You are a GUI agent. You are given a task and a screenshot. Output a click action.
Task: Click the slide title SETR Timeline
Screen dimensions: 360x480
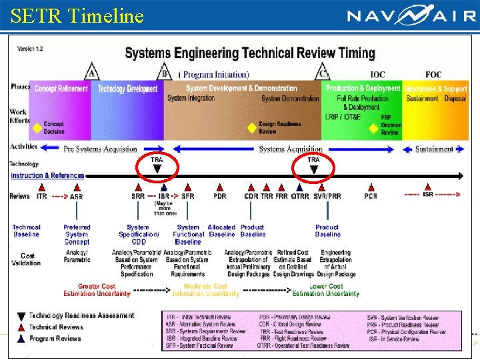[x=77, y=15]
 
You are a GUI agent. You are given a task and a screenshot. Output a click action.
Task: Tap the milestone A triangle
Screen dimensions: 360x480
[x=92, y=72]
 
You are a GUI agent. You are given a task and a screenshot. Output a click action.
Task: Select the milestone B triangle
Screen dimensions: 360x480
[x=165, y=72]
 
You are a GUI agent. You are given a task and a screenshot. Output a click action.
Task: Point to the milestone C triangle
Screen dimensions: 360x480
[x=323, y=72]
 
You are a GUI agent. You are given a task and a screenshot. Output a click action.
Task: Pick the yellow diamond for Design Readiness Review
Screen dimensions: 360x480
[x=251, y=127]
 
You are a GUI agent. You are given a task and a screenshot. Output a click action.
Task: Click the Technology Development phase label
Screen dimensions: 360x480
[x=127, y=89]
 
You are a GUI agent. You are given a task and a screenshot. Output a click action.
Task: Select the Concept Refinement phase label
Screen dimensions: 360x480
[x=61, y=89]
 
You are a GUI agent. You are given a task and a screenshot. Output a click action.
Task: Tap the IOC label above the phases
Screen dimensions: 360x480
[x=377, y=75]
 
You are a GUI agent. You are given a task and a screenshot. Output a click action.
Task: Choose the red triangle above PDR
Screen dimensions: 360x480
[x=219, y=188]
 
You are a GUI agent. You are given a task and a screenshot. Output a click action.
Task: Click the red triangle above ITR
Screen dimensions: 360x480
[x=43, y=188]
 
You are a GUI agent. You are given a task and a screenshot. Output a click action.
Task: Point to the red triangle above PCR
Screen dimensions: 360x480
[x=371, y=188]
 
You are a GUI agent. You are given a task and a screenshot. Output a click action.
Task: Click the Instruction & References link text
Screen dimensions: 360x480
[x=47, y=176]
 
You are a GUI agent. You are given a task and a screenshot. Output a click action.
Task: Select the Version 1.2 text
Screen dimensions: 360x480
[x=30, y=49]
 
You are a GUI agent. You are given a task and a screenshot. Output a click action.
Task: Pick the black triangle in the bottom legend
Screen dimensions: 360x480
[x=22, y=316]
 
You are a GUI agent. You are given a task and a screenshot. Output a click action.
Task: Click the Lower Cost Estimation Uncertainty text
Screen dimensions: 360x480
[x=326, y=290]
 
